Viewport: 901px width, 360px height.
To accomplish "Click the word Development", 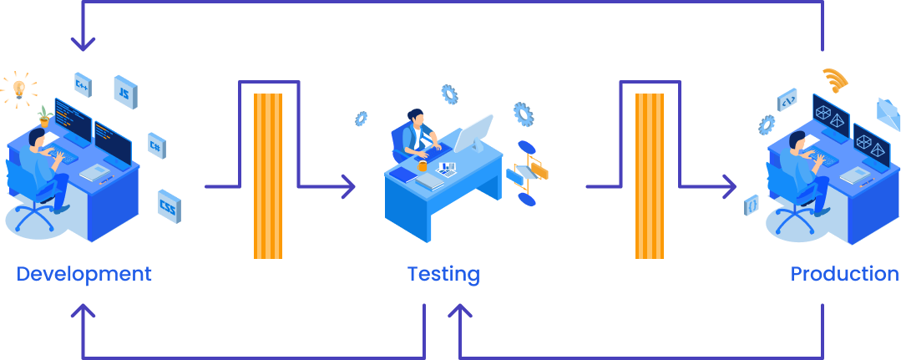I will coord(84,274).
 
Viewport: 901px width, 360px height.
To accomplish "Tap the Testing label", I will coord(443,274).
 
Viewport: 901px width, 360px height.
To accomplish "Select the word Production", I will coord(844,274).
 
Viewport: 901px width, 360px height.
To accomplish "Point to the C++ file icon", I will coord(82,84).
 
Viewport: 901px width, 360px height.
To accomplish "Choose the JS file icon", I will coord(125,91).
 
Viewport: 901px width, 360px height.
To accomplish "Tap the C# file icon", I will coord(155,144).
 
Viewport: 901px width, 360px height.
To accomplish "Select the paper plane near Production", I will coord(887,111).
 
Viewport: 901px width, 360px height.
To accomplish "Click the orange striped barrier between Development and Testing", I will coord(268,175).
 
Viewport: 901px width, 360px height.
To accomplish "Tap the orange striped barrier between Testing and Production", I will coord(649,175).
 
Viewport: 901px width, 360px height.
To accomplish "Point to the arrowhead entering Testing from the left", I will coord(348,186).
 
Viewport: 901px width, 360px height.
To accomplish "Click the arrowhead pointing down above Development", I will coord(84,41).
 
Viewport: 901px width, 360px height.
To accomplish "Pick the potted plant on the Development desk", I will coord(43,116).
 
